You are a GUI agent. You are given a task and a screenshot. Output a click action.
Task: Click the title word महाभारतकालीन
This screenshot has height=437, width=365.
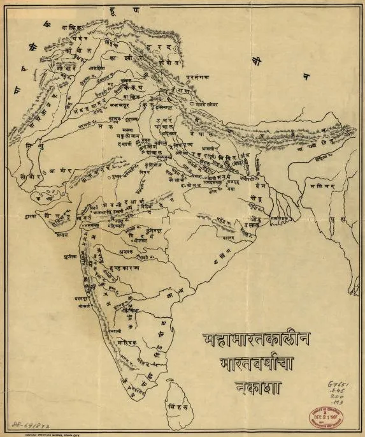click(257, 339)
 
